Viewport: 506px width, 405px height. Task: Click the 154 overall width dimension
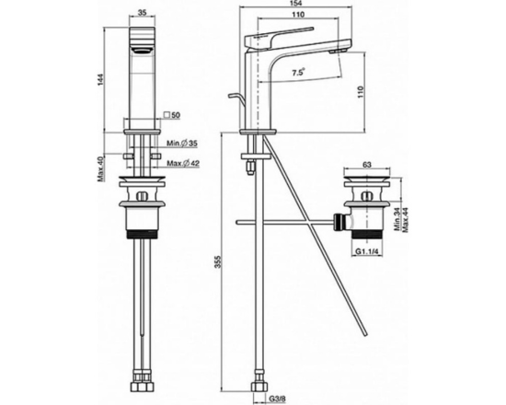296,4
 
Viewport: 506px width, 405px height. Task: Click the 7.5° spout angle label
298,73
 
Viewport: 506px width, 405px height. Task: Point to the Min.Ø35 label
182,144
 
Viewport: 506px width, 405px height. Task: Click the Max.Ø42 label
183,164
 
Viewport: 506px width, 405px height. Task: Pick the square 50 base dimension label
172,115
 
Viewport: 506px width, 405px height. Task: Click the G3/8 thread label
277,399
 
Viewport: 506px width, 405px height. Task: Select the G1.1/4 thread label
368,251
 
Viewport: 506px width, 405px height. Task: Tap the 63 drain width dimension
367,165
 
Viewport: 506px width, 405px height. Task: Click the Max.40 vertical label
100,168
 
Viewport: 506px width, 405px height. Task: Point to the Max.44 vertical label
406,219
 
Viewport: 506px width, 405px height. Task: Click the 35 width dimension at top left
142,13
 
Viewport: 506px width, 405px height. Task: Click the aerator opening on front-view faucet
142,50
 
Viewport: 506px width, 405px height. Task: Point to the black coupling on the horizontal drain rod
339,222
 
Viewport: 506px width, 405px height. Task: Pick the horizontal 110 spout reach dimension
298,15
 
